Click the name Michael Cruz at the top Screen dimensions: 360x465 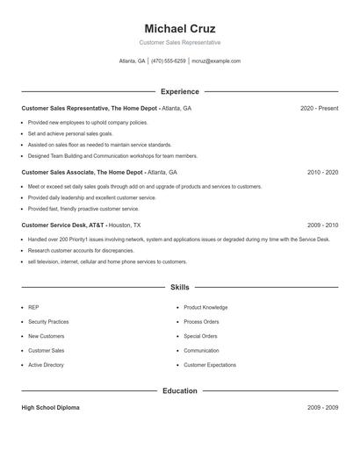click(179, 28)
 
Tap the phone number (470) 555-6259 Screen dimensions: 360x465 click(169, 61)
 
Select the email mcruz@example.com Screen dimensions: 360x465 click(216, 61)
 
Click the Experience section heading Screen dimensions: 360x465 click(179, 91)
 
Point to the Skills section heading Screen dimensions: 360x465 click(179, 287)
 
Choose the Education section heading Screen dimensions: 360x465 click(179, 390)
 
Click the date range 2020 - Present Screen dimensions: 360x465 click(319, 108)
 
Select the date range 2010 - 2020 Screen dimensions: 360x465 click(322, 173)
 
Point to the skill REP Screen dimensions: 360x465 click(33, 308)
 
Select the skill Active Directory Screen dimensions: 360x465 click(46, 365)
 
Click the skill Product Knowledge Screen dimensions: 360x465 click(205, 308)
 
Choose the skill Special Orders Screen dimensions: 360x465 click(200, 336)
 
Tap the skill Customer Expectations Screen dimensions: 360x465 click(210, 365)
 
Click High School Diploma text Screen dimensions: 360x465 click(50, 408)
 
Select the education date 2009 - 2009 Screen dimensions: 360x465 click(322, 408)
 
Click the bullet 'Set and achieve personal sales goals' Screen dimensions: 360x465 click(76, 133)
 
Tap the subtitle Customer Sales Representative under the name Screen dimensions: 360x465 click(179, 42)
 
